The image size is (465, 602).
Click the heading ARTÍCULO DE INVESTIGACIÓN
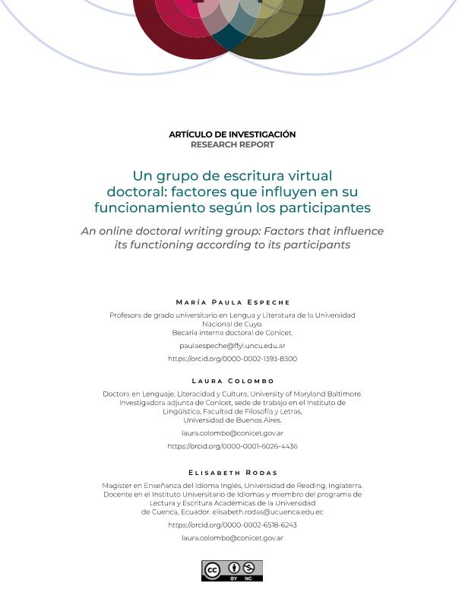tap(232, 135)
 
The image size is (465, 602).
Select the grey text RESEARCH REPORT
tap(232, 144)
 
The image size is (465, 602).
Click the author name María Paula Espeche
tap(232, 303)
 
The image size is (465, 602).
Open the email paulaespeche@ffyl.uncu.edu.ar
tap(232, 345)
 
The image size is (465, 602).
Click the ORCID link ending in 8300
tap(232, 359)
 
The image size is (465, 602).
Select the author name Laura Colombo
tap(232, 381)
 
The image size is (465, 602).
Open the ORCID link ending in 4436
tap(232, 447)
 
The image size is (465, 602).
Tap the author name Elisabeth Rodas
tap(232, 473)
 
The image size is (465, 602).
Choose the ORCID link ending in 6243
tap(232, 525)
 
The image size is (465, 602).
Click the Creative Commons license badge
tap(232, 570)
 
